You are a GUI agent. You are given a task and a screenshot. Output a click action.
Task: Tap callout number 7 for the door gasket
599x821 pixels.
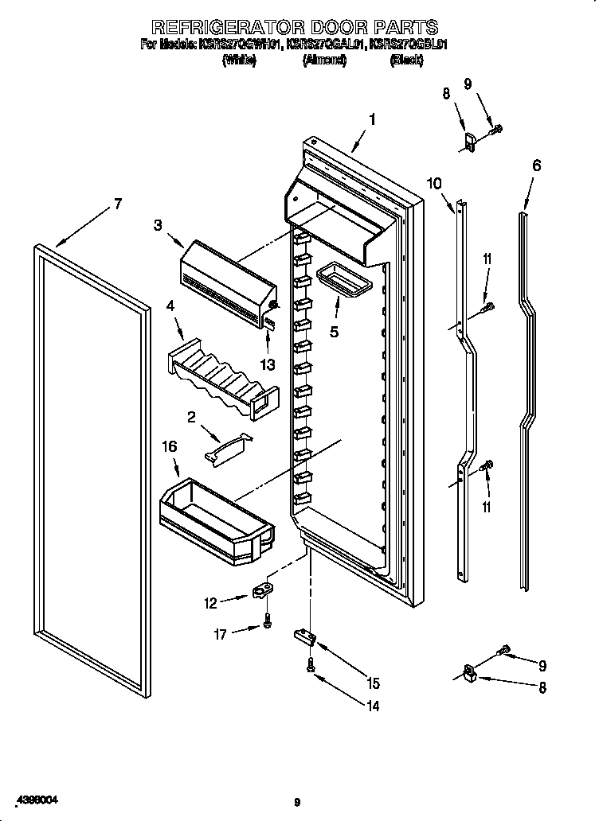click(x=117, y=204)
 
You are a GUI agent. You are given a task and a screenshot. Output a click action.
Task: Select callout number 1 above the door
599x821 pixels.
click(x=371, y=120)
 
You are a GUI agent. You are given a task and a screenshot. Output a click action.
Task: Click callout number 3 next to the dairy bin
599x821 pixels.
click(x=159, y=225)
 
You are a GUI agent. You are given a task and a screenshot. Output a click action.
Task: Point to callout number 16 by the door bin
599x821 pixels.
click(x=169, y=448)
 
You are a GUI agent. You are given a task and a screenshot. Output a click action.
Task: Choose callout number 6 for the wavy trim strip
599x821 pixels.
click(x=536, y=165)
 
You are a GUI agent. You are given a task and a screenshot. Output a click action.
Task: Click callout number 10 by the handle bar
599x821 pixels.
click(x=433, y=183)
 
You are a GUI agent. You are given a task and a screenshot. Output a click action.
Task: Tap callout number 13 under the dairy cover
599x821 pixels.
click(x=268, y=365)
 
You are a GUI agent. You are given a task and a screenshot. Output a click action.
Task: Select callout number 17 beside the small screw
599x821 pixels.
click(x=221, y=634)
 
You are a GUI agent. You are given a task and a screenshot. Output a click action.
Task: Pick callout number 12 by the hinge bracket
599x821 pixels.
click(x=210, y=603)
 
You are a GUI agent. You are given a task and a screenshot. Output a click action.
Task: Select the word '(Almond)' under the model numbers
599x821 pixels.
click(x=324, y=60)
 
